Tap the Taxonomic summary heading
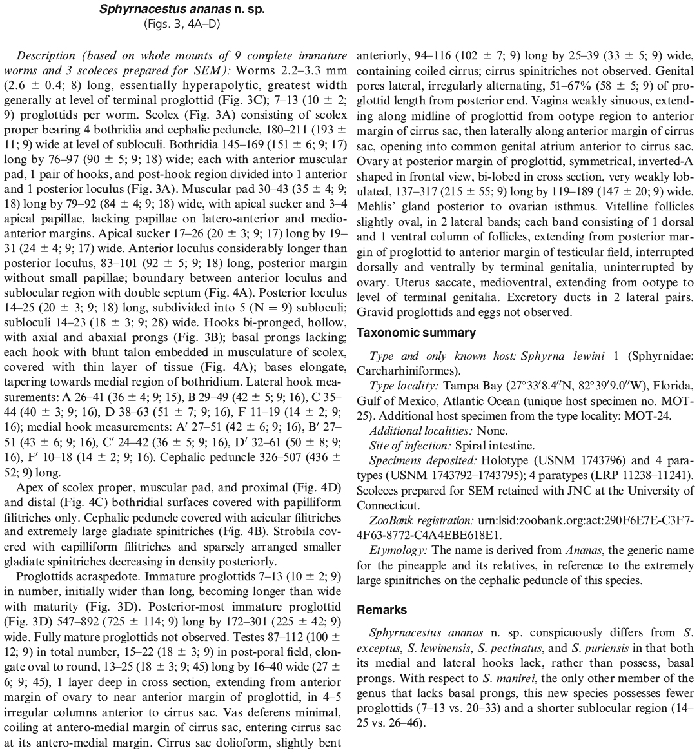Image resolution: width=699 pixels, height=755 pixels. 416,333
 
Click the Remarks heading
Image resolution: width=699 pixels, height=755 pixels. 382,609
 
